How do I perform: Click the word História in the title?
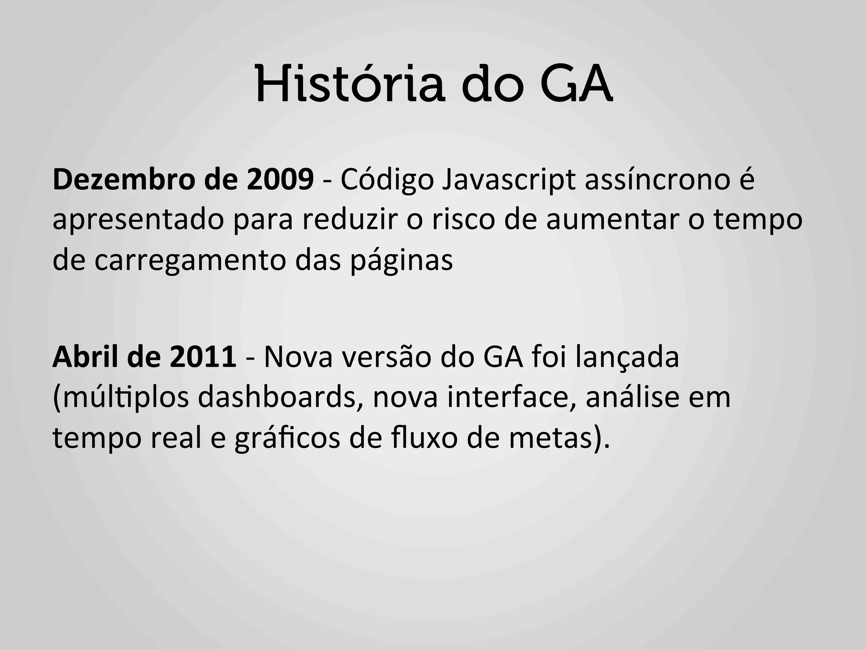point(350,85)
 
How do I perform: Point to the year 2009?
point(280,179)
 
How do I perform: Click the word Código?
point(387,180)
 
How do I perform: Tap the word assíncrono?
point(658,180)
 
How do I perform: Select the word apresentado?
point(138,221)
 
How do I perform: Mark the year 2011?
point(203,357)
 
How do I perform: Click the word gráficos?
point(287,439)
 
